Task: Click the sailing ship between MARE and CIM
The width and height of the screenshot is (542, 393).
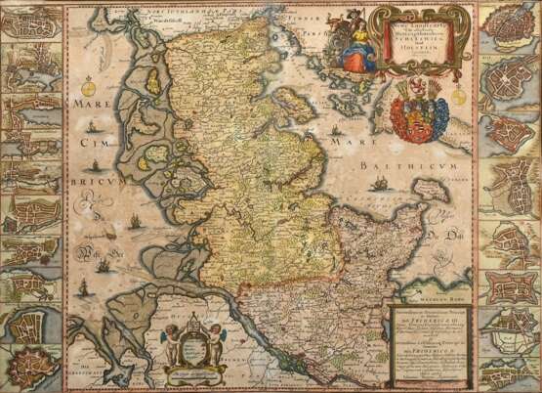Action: point(91,124)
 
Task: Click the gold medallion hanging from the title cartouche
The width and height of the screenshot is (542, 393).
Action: point(417,84)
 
